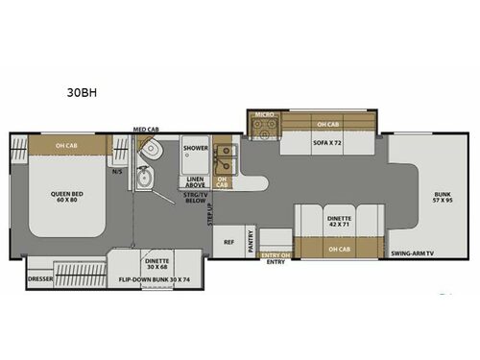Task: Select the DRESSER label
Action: pyautogui.click(x=39, y=279)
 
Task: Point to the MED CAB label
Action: pyautogui.click(x=146, y=129)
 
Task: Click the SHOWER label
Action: pyautogui.click(x=196, y=148)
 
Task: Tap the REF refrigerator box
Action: pyautogui.click(x=228, y=243)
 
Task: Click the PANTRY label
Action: pyautogui.click(x=251, y=244)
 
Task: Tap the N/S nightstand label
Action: pyautogui.click(x=118, y=172)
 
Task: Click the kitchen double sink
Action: pyautogui.click(x=225, y=153)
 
